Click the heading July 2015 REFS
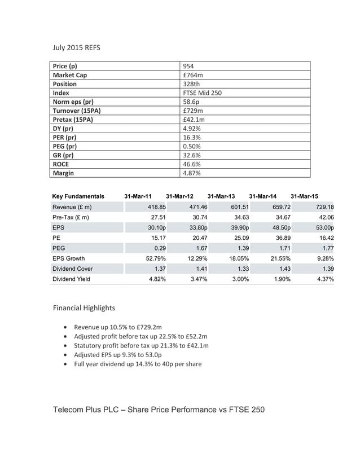[76, 48]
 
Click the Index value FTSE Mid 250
[203, 93]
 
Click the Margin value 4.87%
[192, 173]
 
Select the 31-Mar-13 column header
[221, 196]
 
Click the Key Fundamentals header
[78, 196]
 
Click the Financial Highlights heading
[84, 308]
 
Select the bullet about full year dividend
[138, 364]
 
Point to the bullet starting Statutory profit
[141, 345]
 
